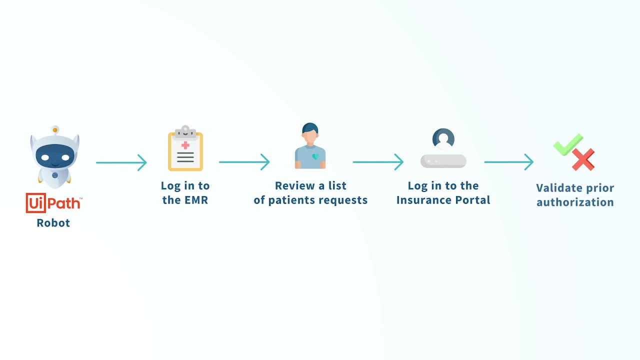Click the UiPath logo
click(x=53, y=203)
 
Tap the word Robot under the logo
click(x=53, y=223)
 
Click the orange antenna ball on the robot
click(x=55, y=130)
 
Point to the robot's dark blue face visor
click(x=55, y=156)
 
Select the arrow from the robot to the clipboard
click(x=121, y=162)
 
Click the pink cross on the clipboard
click(x=185, y=145)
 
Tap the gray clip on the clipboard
click(x=185, y=132)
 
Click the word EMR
click(x=196, y=200)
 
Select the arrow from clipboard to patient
click(x=244, y=162)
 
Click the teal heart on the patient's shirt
click(x=315, y=156)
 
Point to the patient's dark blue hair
click(x=310, y=128)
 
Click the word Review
click(x=295, y=185)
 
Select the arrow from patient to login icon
click(x=378, y=162)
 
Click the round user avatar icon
click(x=443, y=139)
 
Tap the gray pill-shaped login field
click(x=443, y=161)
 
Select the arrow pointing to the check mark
click(x=509, y=162)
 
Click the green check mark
click(x=568, y=144)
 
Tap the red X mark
click(x=583, y=159)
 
